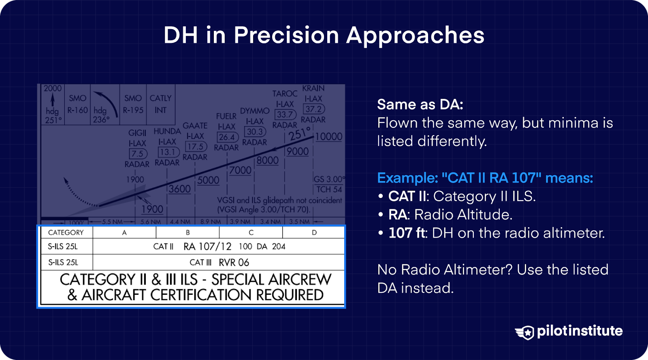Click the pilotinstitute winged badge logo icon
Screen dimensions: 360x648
click(x=525, y=332)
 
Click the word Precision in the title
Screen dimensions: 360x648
click(x=286, y=35)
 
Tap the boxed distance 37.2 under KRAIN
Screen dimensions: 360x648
click(x=314, y=109)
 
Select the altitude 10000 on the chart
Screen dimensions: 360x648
click(x=328, y=137)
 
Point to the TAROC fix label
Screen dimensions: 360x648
click(x=285, y=94)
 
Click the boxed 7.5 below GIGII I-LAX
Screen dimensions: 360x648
click(x=137, y=154)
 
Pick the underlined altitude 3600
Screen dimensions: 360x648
click(x=179, y=189)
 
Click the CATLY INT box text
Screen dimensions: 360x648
click(x=160, y=104)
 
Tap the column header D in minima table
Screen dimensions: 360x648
click(x=314, y=232)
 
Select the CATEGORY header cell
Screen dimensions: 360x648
click(x=66, y=232)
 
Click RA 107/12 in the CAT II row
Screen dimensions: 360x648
click(x=207, y=247)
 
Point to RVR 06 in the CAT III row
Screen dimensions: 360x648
click(x=234, y=262)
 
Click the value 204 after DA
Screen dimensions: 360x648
click(x=279, y=247)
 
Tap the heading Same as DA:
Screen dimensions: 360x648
click(x=420, y=104)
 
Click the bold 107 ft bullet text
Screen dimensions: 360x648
click(x=406, y=233)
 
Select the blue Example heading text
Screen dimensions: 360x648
click(x=485, y=178)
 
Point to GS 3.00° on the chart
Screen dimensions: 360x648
click(x=329, y=179)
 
